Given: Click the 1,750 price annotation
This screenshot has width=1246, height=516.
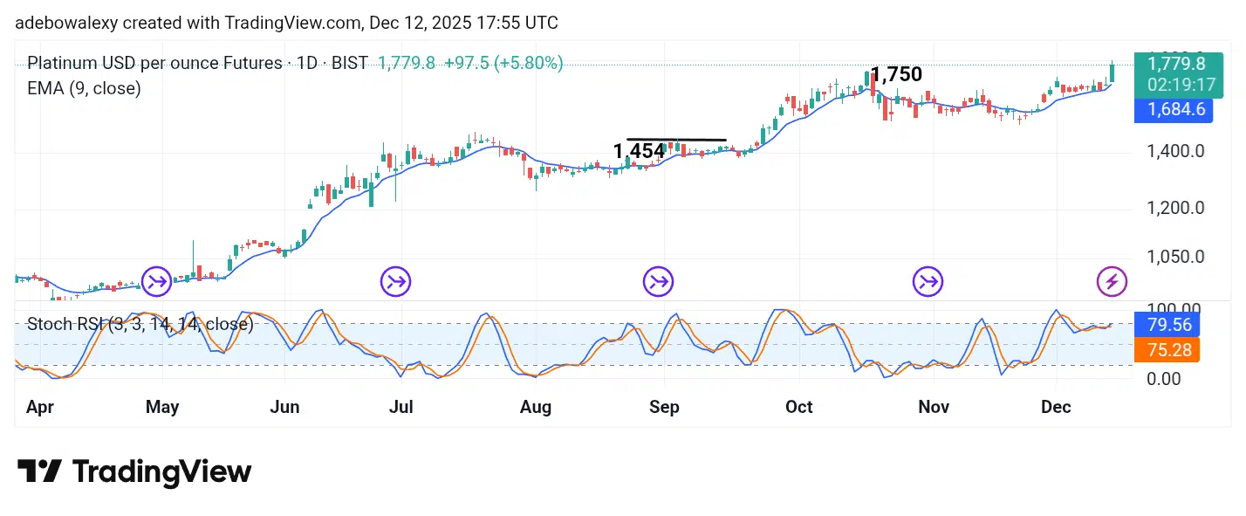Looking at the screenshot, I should click(896, 75).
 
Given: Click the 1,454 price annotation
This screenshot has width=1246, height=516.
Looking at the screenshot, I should click(639, 151).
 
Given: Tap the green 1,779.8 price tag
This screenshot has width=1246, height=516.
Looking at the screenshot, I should click(1176, 64).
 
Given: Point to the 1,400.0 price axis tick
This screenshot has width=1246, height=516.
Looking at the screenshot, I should click(1174, 152).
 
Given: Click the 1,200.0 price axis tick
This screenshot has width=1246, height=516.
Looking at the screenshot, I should click(1174, 208).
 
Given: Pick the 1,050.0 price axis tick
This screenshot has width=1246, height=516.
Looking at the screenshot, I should click(1174, 257).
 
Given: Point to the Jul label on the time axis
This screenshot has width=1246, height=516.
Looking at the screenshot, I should click(400, 408).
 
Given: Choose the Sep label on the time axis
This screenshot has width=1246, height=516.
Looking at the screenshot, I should click(664, 408).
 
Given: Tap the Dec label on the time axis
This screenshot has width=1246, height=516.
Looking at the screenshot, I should click(1056, 408).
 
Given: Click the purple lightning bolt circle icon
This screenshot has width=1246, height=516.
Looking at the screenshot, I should click(1112, 282).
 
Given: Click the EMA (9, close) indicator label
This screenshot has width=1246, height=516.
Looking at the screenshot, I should click(84, 88).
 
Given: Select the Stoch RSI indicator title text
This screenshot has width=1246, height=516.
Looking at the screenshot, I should click(140, 325).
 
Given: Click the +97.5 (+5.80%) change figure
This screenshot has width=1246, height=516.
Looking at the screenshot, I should click(503, 63).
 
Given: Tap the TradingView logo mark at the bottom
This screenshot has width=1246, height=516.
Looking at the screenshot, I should click(39, 471).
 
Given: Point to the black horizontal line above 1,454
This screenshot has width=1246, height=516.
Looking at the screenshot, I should click(676, 140).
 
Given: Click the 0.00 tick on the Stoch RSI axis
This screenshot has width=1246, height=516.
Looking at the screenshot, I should click(1165, 379).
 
